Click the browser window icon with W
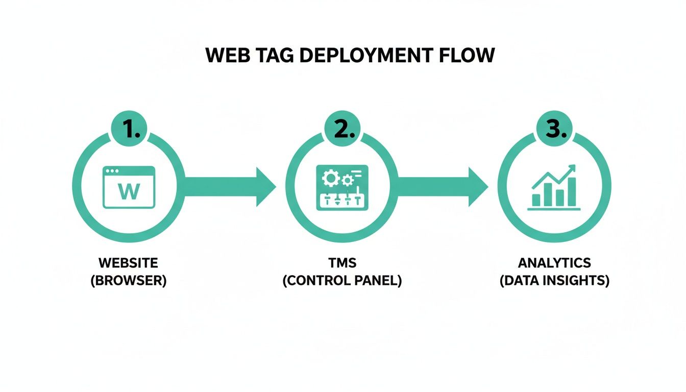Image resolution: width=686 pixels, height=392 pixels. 129,187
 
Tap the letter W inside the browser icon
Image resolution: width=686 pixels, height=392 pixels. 129,192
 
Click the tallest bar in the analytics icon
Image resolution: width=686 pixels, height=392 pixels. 572,192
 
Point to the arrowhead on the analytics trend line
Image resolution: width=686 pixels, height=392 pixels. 572,168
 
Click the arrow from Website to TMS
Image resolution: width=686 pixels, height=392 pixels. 230,187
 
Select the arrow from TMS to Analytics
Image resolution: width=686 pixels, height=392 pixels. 442,187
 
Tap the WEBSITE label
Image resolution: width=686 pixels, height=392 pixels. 129,263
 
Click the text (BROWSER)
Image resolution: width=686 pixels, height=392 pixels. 129,281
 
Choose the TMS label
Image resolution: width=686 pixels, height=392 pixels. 342,263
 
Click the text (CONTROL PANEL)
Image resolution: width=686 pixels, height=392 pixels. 342,281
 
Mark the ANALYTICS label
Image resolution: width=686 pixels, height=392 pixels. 554,263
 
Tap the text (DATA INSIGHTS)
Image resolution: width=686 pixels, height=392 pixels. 554,281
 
